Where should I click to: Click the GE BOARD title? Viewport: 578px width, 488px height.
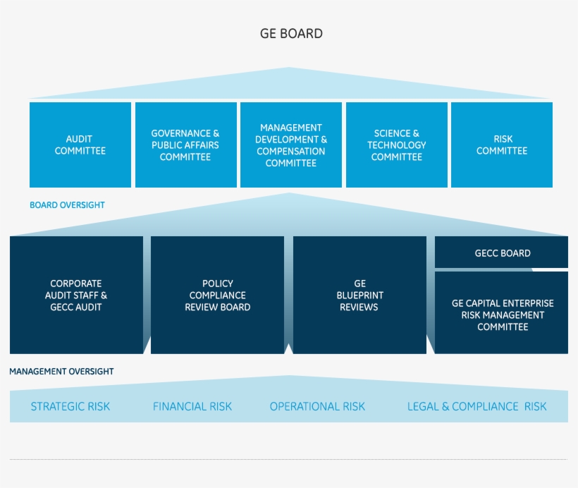point(291,33)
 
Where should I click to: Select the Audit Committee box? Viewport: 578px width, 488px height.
point(80,145)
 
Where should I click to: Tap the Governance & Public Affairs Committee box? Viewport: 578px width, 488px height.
point(185,145)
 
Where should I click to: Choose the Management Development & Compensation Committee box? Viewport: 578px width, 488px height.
point(291,145)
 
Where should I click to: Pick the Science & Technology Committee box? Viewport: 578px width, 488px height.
point(396,145)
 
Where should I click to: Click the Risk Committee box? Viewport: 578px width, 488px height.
point(501,145)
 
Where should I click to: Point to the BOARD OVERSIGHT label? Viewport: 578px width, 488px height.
point(67,205)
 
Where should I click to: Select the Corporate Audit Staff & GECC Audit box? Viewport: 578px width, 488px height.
point(76,295)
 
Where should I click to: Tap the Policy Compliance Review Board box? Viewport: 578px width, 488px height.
point(217,295)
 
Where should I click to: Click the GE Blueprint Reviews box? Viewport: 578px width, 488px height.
point(359,295)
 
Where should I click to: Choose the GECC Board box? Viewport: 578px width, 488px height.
point(502,253)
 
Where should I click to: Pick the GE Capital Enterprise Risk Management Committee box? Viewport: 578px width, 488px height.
point(502,315)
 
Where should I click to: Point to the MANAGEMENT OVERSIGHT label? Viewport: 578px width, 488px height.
point(61,371)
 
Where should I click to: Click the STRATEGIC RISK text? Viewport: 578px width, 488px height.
point(70,407)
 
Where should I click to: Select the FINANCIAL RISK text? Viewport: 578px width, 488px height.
point(192,407)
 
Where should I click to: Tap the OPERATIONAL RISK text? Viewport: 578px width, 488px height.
point(317,407)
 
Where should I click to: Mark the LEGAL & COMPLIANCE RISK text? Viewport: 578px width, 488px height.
point(476,407)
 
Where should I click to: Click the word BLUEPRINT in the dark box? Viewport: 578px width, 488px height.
point(359,295)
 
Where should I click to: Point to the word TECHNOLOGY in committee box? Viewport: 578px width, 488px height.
point(396,145)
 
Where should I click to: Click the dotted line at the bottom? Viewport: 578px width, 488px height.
point(288,460)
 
